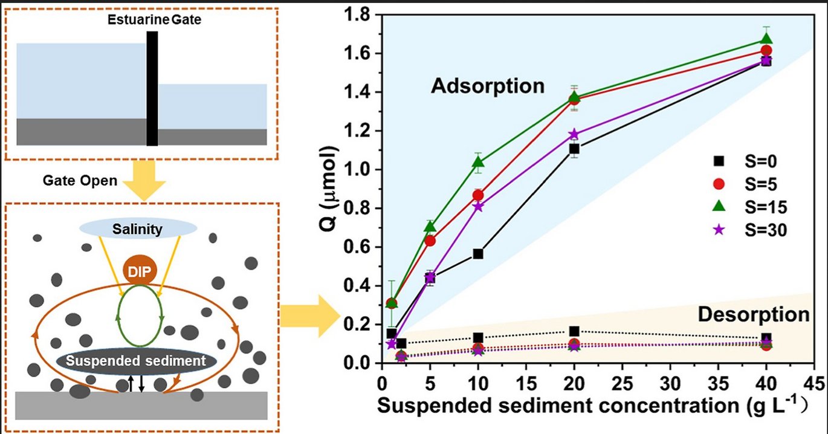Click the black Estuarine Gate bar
152,88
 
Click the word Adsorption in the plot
488,86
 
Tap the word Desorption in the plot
753,315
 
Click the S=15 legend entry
750,207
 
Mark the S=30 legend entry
750,230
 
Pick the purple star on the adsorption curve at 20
574,134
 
